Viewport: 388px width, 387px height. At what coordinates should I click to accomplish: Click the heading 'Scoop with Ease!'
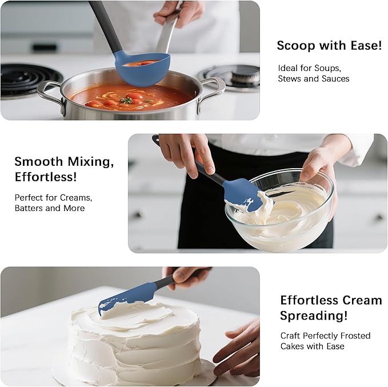click(x=329, y=46)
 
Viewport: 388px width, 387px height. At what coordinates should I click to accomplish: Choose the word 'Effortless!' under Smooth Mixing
click(x=46, y=177)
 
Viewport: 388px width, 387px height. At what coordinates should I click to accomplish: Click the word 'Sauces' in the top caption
click(x=336, y=78)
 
